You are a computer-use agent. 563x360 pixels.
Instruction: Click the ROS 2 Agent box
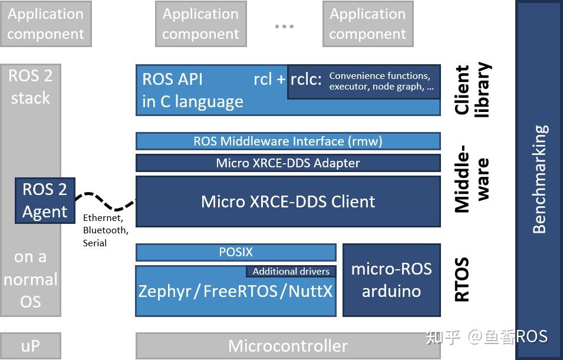coord(45,201)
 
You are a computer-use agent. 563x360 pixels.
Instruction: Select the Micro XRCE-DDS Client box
coord(288,202)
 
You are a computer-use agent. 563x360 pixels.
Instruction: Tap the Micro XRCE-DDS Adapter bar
coord(288,163)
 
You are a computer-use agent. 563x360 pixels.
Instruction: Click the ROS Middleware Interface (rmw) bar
coord(288,141)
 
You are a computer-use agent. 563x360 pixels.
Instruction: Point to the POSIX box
coord(236,252)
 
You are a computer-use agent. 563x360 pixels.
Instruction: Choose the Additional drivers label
coord(291,272)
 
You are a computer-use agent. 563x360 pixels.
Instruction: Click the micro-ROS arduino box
coord(391,280)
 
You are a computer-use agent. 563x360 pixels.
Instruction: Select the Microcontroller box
coord(288,346)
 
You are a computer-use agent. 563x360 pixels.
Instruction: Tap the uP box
coord(30,346)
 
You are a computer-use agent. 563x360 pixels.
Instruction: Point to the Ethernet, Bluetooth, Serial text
coord(105,230)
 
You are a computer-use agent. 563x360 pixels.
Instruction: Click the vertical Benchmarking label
coord(539,180)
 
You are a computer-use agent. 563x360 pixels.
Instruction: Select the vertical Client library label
coord(472,90)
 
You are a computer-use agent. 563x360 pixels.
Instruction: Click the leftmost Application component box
coord(45,24)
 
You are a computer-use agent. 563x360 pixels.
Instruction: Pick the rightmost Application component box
coord(367,24)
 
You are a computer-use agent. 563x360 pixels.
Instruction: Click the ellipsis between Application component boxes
coord(284,27)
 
